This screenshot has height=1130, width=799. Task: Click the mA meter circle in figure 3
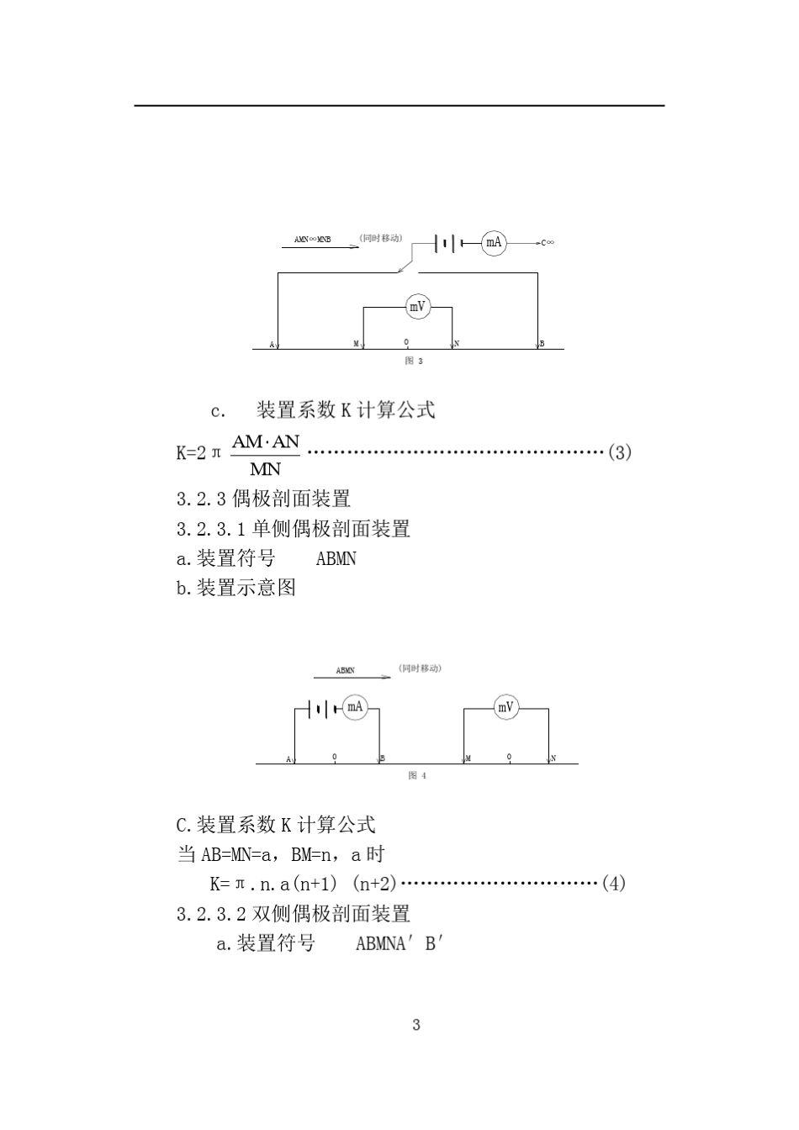pos(494,244)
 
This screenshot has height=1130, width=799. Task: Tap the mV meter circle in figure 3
pos(418,307)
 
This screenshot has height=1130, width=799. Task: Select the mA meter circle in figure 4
pos(355,707)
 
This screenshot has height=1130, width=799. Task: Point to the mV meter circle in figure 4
pos(505,708)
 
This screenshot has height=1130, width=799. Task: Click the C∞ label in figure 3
pos(548,243)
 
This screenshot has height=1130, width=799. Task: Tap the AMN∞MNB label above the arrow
pos(313,240)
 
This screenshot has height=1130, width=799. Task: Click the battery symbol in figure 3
pos(446,244)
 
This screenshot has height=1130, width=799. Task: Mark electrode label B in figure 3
pos(542,344)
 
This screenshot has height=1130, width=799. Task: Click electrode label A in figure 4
pos(288,759)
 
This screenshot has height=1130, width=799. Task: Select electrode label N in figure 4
pos(553,758)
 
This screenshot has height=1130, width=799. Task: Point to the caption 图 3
pos(414,361)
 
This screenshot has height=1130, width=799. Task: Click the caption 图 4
pos(417,775)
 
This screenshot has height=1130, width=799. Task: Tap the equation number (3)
pos(619,452)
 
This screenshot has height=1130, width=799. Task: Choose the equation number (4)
pos(614,884)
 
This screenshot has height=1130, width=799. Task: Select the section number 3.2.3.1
pos(210,530)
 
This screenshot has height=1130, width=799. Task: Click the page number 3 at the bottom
pos(416,1025)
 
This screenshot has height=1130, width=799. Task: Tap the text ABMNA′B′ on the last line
pos(399,943)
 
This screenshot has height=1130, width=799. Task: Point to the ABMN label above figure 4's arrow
pos(345,670)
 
